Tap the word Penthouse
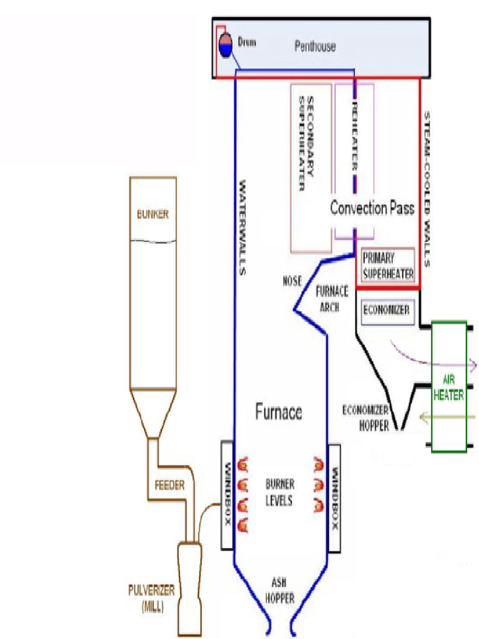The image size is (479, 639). (x=314, y=46)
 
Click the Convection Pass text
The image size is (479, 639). (x=372, y=208)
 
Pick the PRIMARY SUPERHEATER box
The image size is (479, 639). (x=388, y=266)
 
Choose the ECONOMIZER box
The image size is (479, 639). (x=386, y=310)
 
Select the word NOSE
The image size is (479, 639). (x=291, y=281)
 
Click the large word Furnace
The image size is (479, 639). (x=278, y=412)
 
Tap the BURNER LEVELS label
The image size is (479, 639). (x=279, y=492)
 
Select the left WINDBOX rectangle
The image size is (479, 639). (x=227, y=495)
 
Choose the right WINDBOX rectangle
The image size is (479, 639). (x=334, y=498)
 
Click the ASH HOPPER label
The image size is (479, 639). (x=280, y=589)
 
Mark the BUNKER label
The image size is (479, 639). (x=153, y=215)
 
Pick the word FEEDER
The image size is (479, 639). (x=169, y=485)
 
